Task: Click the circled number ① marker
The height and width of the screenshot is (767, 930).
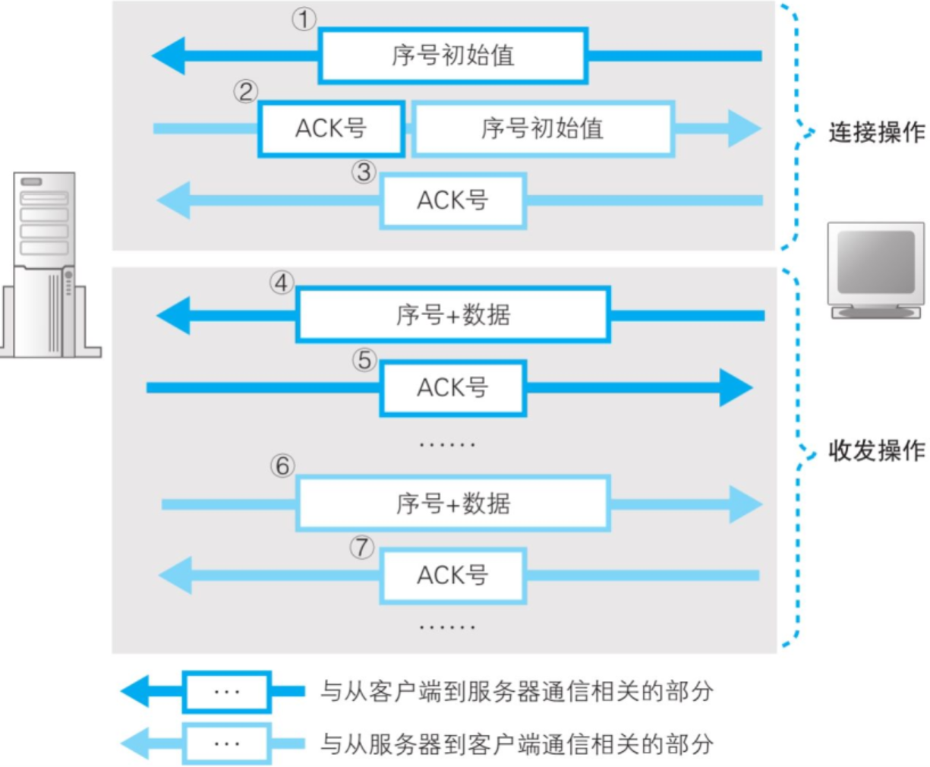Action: tap(304, 19)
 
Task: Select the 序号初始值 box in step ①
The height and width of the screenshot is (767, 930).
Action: tap(452, 55)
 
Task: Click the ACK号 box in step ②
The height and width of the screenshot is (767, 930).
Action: tap(331, 128)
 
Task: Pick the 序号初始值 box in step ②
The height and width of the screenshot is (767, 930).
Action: tap(542, 128)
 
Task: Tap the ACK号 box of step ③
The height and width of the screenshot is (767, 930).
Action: tap(452, 200)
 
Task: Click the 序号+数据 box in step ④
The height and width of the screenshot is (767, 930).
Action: tap(452, 314)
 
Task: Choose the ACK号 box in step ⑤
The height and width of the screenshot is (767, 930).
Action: tap(452, 388)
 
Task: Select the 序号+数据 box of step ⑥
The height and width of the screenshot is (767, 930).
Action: tap(452, 503)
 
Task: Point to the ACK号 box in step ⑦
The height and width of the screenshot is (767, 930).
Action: tap(452, 576)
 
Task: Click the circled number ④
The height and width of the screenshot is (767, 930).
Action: tap(282, 283)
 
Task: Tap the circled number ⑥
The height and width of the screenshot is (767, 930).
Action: tap(282, 466)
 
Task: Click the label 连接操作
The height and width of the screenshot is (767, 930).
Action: tap(876, 132)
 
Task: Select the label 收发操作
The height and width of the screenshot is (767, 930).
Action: tap(876, 450)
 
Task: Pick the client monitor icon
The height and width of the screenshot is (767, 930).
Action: tap(875, 270)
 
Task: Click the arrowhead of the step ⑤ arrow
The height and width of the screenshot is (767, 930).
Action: tap(735, 388)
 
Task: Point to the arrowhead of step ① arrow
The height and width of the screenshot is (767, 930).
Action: tap(169, 55)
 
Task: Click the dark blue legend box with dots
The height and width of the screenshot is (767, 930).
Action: tap(226, 692)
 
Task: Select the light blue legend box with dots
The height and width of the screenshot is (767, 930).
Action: tap(226, 743)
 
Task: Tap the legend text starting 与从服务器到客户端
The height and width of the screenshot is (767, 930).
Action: tap(516, 743)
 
